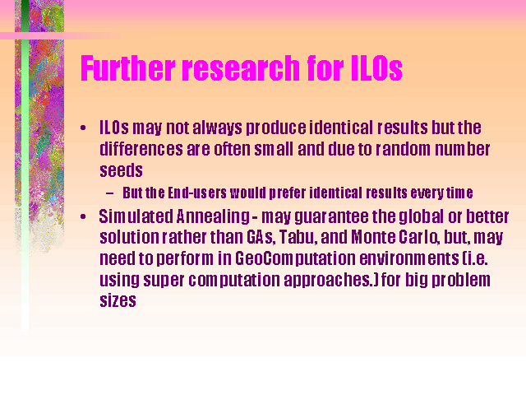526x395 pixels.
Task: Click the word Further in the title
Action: point(128,67)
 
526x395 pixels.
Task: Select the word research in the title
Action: point(241,67)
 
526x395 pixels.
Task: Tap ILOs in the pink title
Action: point(376,67)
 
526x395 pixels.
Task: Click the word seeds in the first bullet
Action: point(121,170)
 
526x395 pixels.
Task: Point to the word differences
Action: point(141,149)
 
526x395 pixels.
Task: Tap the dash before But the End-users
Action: point(109,193)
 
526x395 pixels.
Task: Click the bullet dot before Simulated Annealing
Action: point(83,216)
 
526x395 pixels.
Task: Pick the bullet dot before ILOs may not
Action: point(83,128)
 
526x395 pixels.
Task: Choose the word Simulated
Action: point(136,216)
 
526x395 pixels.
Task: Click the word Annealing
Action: point(213,217)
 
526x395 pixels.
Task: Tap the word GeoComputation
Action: point(295,259)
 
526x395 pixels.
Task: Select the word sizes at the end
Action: point(118,300)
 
